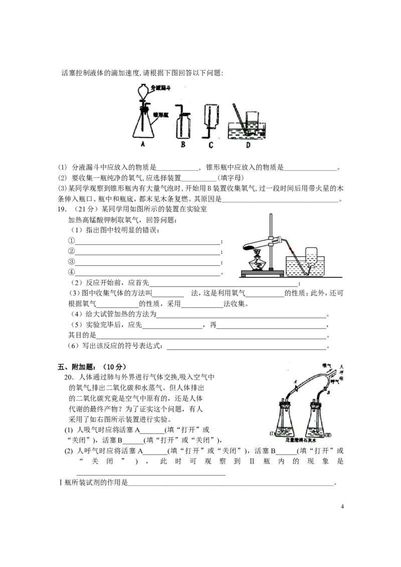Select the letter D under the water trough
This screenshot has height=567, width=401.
pos(249,145)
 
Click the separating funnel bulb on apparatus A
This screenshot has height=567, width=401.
pos(143,91)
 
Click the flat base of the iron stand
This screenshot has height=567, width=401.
pos(261,271)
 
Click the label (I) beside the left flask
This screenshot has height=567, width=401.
pos(274,433)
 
